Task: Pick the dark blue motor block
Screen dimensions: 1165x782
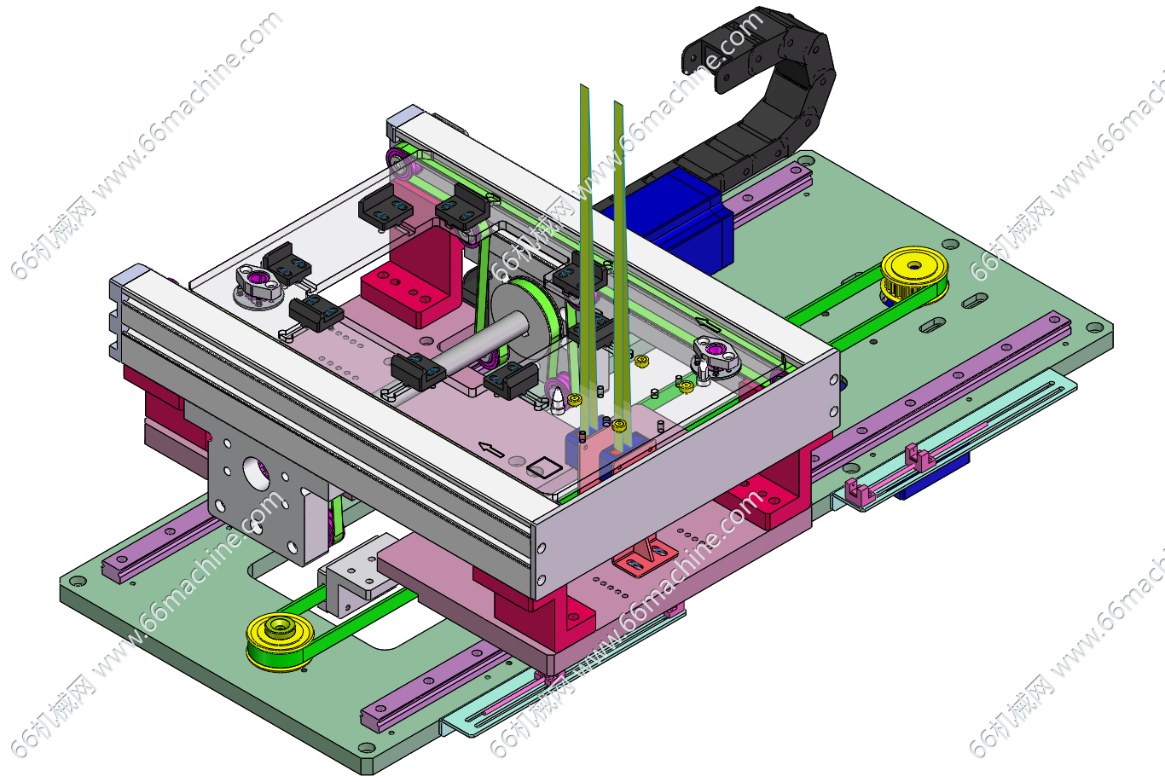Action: tap(676, 218)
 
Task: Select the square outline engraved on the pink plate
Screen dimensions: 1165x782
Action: tap(544, 467)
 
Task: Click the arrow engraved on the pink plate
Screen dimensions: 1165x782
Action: tap(491, 449)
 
